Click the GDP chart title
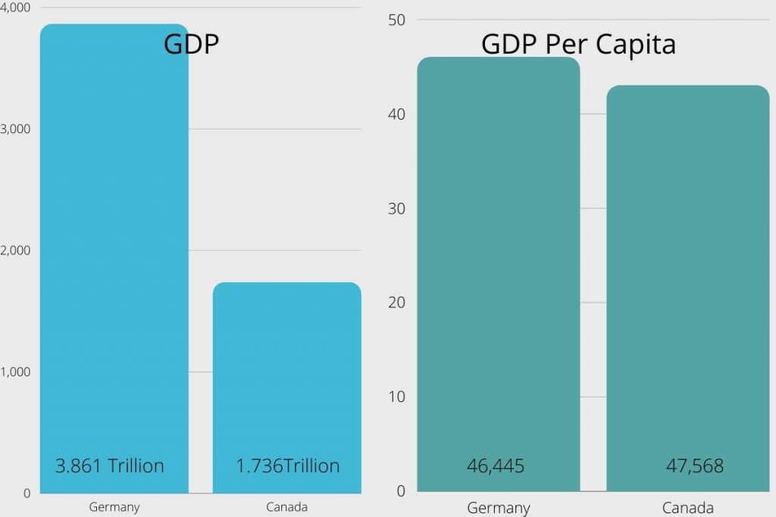click(191, 45)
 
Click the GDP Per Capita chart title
click(578, 45)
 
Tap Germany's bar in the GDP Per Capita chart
click(498, 265)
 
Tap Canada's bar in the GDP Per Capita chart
click(687, 280)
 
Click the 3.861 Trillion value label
click(110, 466)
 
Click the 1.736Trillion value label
click(288, 466)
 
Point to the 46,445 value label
click(496, 466)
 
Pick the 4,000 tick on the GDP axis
click(15, 8)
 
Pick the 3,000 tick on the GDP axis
click(15, 129)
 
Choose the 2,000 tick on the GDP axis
click(15, 251)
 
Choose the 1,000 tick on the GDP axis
click(15, 372)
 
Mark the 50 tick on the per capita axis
click(397, 20)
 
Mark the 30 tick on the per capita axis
click(397, 208)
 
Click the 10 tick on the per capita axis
click(397, 397)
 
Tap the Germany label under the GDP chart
click(114, 507)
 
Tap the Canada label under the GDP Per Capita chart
click(687, 508)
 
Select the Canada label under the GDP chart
click(286, 507)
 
